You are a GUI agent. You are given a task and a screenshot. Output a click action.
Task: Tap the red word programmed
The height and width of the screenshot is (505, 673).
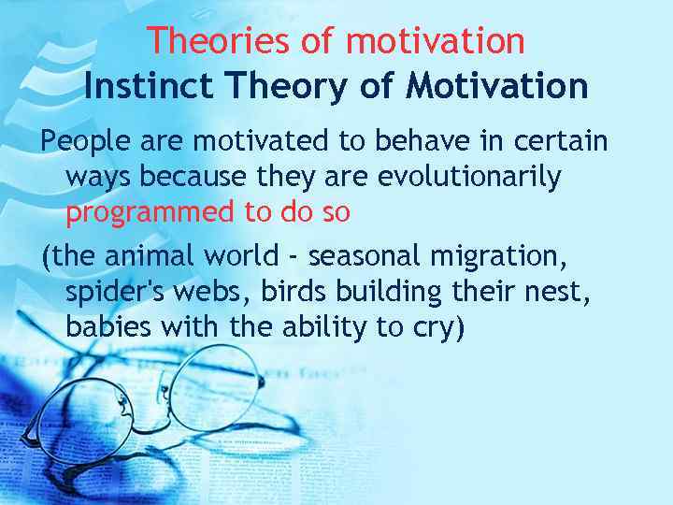coord(150,212)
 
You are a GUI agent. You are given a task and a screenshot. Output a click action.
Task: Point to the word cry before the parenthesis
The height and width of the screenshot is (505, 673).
coord(435,329)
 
